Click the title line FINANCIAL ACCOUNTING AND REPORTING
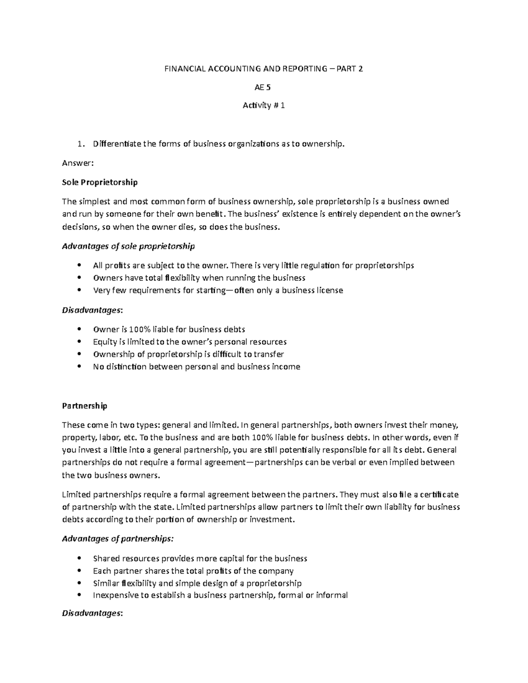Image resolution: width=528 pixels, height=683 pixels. (264, 69)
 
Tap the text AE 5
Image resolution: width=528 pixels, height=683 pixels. (263, 87)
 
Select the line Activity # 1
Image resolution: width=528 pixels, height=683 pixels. (264, 106)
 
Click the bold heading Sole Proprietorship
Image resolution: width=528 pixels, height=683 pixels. (100, 182)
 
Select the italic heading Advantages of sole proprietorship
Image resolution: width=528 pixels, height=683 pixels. (128, 246)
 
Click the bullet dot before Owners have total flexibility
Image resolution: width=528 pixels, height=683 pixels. (79, 278)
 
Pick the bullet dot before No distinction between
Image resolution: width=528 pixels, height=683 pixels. (79, 366)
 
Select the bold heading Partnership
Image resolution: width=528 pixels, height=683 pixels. (84, 406)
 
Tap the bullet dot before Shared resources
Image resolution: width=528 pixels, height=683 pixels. (79, 559)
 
